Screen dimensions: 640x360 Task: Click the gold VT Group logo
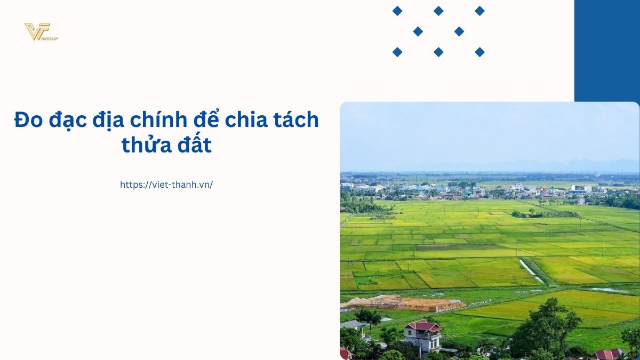click(x=41, y=31)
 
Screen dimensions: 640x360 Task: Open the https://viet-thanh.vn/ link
click(x=166, y=185)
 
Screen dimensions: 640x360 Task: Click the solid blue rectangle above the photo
click(x=607, y=51)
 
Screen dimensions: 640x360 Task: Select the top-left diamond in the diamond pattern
click(x=397, y=11)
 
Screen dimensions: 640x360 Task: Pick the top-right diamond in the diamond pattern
click(x=479, y=11)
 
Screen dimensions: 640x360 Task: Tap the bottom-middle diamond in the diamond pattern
click(x=438, y=52)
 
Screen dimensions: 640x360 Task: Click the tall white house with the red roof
click(x=422, y=337)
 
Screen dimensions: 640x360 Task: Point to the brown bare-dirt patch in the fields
click(x=403, y=303)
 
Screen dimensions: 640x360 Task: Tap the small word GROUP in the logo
click(x=50, y=38)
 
